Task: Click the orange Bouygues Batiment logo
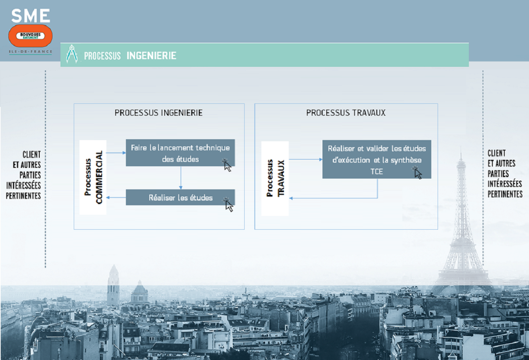click(30, 35)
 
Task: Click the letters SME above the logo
click(31, 16)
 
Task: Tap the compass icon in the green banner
click(72, 54)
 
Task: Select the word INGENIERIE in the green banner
click(151, 56)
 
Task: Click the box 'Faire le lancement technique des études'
click(180, 153)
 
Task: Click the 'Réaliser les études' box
click(180, 197)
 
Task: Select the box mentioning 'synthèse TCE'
click(377, 159)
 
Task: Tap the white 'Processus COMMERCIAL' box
click(93, 178)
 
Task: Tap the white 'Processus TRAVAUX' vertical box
click(275, 178)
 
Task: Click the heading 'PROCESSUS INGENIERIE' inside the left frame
click(159, 113)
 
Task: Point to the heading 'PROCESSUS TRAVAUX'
click(346, 113)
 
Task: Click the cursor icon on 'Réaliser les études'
click(229, 205)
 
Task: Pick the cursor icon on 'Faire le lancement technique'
click(227, 165)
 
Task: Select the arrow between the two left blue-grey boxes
click(181, 178)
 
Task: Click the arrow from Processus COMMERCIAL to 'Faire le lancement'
click(116, 153)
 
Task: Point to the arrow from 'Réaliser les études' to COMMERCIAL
click(116, 197)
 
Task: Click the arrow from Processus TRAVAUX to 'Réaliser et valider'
click(306, 159)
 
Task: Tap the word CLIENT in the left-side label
click(32, 155)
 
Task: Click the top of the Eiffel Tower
click(461, 148)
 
